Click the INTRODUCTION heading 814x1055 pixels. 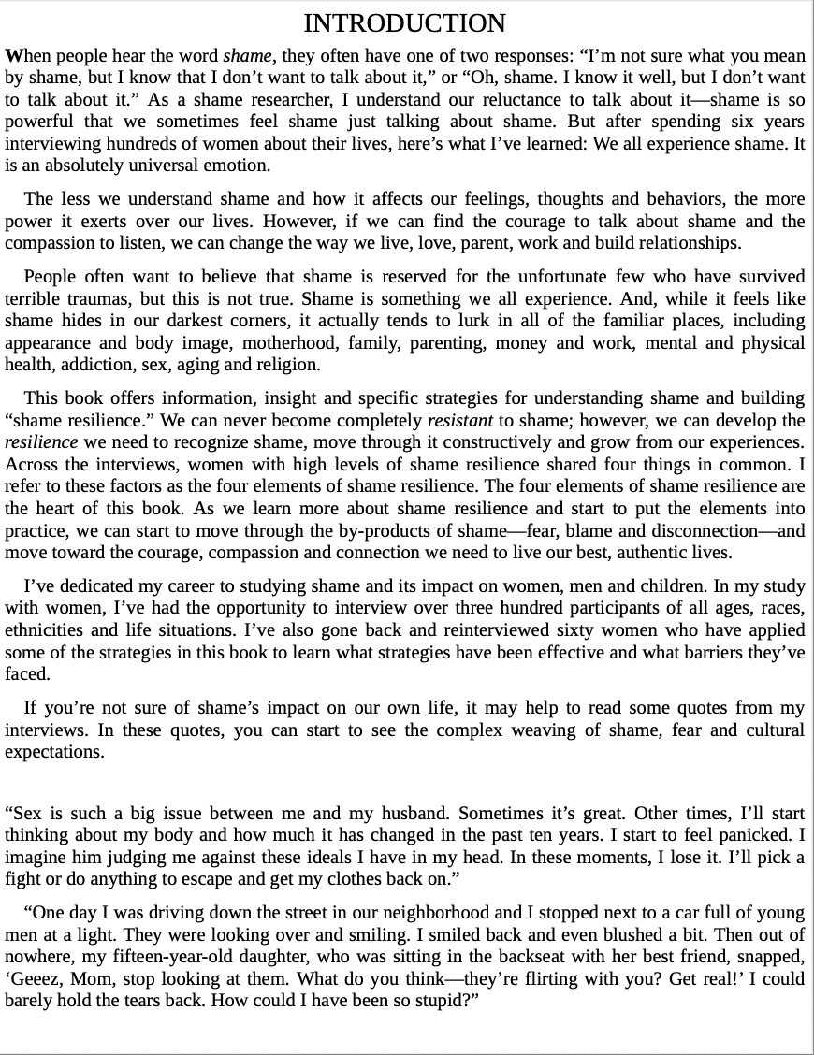[x=405, y=23]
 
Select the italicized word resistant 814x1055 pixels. [x=459, y=421]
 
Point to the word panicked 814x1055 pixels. [x=759, y=835]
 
